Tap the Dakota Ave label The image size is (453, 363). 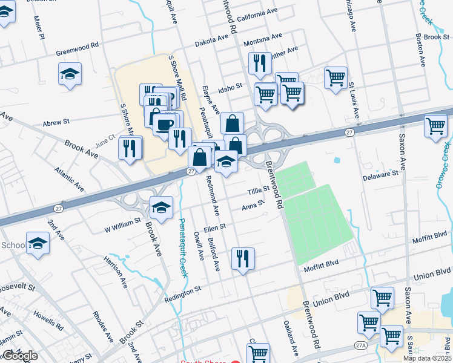click(x=211, y=41)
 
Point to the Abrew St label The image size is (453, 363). click(x=56, y=122)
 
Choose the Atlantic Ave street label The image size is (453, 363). click(x=68, y=180)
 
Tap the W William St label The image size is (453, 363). click(x=122, y=225)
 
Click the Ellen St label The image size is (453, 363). click(x=214, y=227)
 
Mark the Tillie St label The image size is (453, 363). click(x=258, y=191)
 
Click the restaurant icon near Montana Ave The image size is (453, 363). click(x=260, y=63)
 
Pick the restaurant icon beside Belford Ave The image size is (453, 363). click(x=243, y=258)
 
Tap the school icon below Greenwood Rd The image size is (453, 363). click(x=70, y=74)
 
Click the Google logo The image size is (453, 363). click(x=19, y=356)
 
